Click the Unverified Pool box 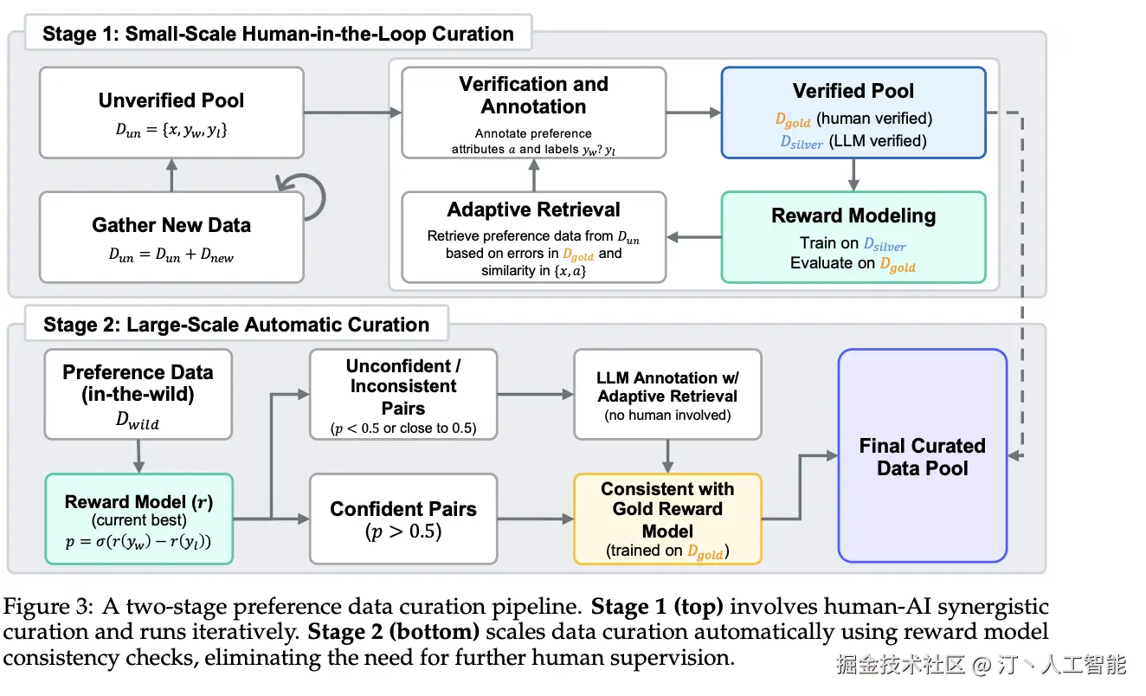171,113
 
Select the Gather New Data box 171,236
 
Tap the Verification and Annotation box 533,113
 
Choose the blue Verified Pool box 853,113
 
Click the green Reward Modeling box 853,236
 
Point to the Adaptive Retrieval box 533,236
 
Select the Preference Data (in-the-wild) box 138,394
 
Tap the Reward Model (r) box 138,519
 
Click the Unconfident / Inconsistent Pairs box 403,394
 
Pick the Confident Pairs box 403,519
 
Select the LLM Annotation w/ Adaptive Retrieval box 667,394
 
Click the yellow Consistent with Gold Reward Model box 667,519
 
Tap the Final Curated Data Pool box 922,455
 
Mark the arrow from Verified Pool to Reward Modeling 853,175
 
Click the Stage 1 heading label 278,35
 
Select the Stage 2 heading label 236,325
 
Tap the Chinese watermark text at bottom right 981,665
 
